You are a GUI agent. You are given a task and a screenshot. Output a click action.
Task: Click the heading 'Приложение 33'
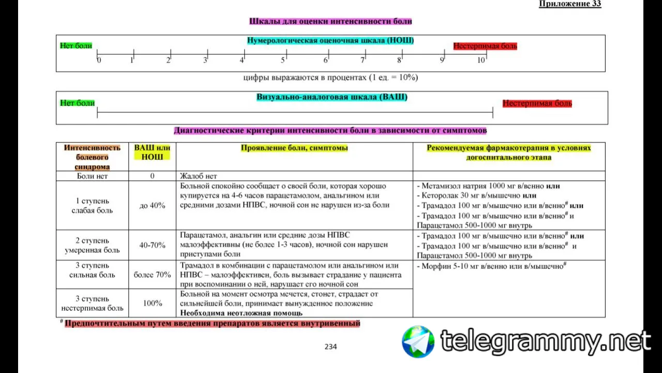(x=570, y=4)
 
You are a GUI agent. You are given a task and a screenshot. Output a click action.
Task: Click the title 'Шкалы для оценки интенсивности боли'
(x=330, y=21)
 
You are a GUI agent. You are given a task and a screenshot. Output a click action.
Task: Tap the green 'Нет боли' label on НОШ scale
(x=76, y=46)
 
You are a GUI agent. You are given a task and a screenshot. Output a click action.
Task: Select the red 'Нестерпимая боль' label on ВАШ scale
(x=537, y=103)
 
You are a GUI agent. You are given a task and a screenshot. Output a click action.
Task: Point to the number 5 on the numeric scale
(x=283, y=60)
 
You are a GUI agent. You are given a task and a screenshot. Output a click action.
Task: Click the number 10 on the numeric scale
(x=481, y=60)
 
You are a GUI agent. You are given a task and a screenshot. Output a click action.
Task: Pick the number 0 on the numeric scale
(x=99, y=60)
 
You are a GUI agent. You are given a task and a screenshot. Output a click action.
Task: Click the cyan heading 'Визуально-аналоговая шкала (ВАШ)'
(x=332, y=97)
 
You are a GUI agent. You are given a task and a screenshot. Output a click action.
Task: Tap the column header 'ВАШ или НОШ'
(x=152, y=152)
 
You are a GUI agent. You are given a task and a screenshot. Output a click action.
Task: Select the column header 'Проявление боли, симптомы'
(x=294, y=148)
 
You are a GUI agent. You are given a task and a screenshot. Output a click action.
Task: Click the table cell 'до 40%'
(x=152, y=206)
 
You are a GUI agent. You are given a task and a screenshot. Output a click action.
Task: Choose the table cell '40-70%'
(x=152, y=245)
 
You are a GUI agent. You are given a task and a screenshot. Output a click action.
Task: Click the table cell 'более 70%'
(x=152, y=275)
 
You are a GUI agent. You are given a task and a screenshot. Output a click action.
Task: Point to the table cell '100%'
(x=152, y=303)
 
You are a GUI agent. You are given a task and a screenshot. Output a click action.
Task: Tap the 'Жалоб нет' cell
(x=198, y=176)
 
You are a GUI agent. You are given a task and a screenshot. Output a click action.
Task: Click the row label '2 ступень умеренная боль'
(x=92, y=245)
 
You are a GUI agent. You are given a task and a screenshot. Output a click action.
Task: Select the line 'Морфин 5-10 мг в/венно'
(x=491, y=266)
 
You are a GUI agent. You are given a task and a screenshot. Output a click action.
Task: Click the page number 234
(x=330, y=347)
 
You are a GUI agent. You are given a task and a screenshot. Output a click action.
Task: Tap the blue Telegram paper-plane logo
(x=418, y=341)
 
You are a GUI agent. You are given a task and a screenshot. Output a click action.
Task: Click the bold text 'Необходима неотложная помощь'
(x=241, y=313)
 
